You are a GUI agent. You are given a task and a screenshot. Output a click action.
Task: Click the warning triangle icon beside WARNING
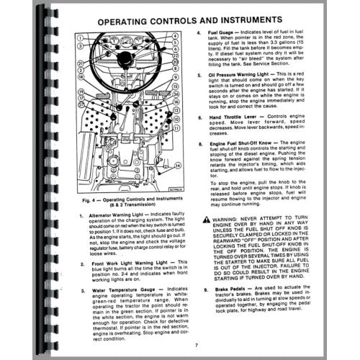[207, 217]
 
